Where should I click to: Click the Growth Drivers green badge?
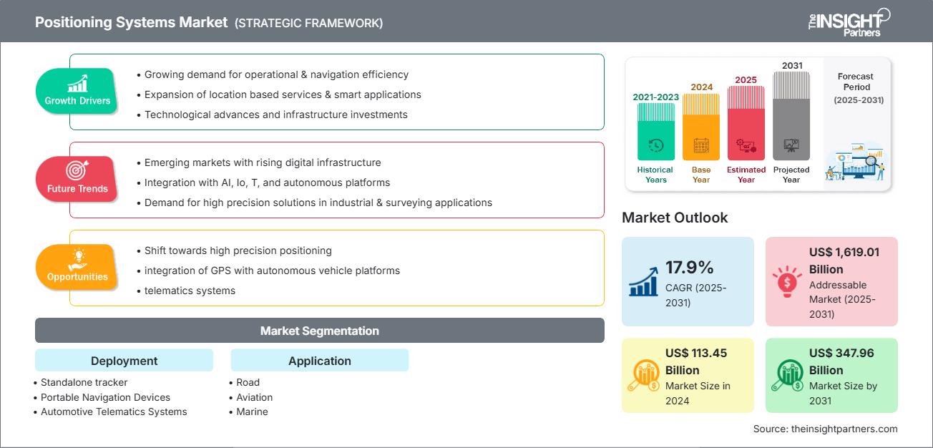pyautogui.click(x=77, y=92)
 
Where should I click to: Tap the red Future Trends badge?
pyautogui.click(x=77, y=179)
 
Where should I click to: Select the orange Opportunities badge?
pyautogui.click(x=77, y=267)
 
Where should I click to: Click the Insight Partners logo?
pyautogui.click(x=848, y=21)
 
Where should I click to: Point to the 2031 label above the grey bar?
pyautogui.click(x=791, y=66)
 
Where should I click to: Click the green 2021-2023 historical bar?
pyautogui.click(x=655, y=132)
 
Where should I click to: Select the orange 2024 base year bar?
pyautogui.click(x=701, y=127)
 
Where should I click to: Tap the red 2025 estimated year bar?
pyautogui.click(x=746, y=123)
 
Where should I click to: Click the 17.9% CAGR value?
pyautogui.click(x=690, y=268)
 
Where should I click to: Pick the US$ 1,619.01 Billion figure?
pyautogui.click(x=844, y=260)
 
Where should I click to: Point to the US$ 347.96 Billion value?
pyautogui.click(x=841, y=361)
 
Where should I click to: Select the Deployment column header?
pyautogui.click(x=124, y=361)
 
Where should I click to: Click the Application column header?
pyautogui.click(x=319, y=361)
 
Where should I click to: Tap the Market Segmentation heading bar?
pyautogui.click(x=319, y=331)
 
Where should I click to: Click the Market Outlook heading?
pyautogui.click(x=675, y=218)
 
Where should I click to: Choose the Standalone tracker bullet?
pyautogui.click(x=84, y=382)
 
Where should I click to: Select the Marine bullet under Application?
pyautogui.click(x=252, y=412)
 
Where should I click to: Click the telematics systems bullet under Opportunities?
pyautogui.click(x=190, y=291)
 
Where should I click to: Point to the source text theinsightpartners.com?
pyautogui.click(x=825, y=429)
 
